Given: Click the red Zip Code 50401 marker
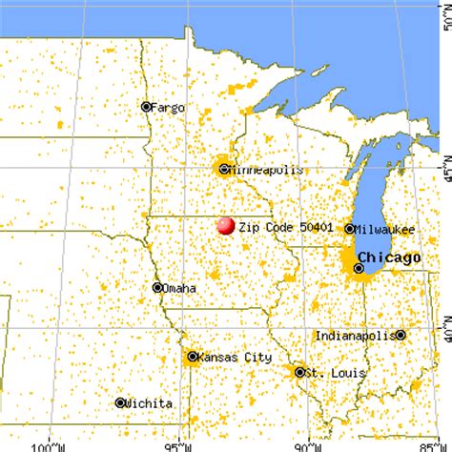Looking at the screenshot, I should tap(226, 226).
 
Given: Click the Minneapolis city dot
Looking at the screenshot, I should tap(223, 170).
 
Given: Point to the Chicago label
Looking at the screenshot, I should tap(389, 258).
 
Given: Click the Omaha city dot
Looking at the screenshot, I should tap(157, 287).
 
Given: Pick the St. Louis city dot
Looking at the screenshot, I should tap(299, 372).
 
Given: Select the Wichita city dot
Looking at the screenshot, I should tap(120, 402).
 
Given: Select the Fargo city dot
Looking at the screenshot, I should tap(147, 107).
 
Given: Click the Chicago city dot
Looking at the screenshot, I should tap(359, 269).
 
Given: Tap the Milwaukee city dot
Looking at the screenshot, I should tap(350, 229).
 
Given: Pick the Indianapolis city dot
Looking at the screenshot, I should tap(401, 336).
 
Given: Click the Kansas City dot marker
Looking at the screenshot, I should tap(193, 357).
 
